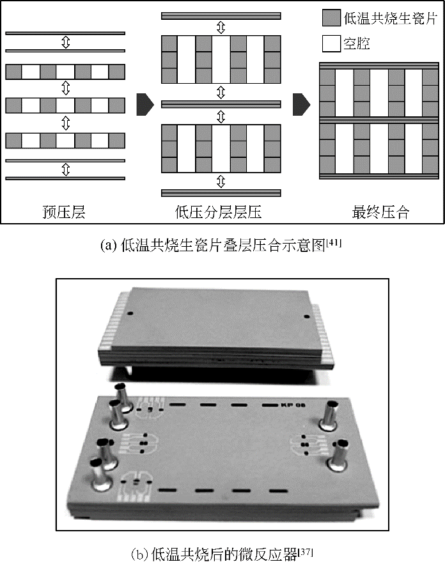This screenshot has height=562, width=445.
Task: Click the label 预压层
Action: (64, 212)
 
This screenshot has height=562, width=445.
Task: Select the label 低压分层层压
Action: (218, 212)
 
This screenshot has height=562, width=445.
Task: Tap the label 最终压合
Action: (380, 212)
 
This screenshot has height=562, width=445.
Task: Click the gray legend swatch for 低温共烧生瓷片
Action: (331, 18)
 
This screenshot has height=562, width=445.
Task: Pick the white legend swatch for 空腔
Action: (331, 43)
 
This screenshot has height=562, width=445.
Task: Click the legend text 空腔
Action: (357, 43)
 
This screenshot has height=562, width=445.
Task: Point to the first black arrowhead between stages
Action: (145, 105)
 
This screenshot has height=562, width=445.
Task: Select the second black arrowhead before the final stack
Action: (301, 105)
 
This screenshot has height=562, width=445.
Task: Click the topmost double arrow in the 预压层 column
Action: (66, 42)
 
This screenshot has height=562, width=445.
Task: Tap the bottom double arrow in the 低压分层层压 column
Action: (221, 182)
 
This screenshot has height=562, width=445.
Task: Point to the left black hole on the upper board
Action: (130, 313)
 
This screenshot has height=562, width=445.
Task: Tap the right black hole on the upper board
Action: (306, 316)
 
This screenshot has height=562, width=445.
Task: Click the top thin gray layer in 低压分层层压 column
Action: (221, 16)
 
